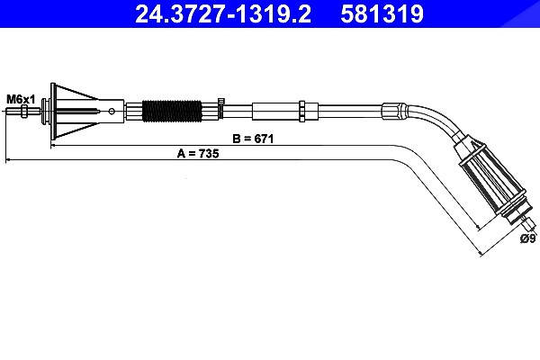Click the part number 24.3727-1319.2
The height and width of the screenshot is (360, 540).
click(x=223, y=13)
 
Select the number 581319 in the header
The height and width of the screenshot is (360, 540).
click(x=382, y=13)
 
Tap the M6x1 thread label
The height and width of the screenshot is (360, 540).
click(x=21, y=100)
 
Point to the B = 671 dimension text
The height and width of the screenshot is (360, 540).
click(x=253, y=139)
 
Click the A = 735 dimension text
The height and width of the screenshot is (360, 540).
click(x=198, y=153)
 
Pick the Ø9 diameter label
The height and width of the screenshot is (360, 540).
click(x=527, y=238)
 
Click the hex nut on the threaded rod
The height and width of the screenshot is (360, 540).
click(x=24, y=111)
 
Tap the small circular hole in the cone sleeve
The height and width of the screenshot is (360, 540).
click(x=112, y=111)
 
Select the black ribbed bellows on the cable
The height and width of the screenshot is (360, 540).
click(x=172, y=111)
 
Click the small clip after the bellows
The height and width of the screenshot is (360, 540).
click(x=220, y=107)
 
